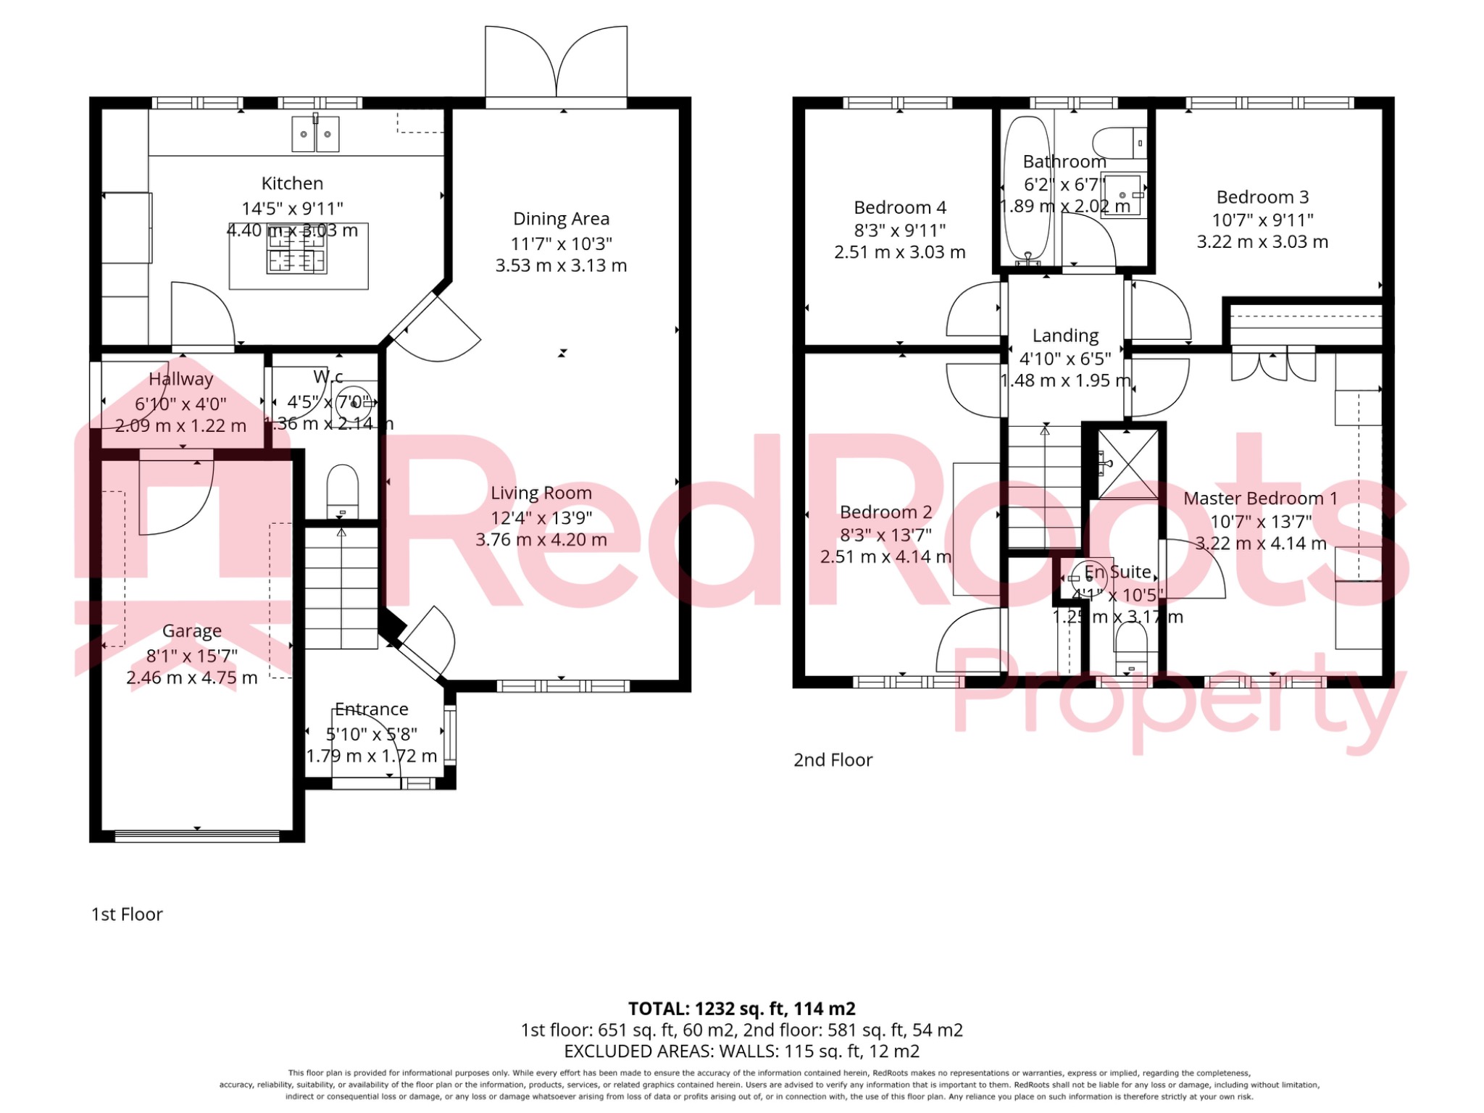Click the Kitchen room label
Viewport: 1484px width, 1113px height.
pos(292,183)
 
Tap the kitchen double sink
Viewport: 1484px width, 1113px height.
pos(315,134)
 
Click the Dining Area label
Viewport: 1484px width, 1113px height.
pos(561,219)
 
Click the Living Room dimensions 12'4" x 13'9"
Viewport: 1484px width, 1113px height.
pos(541,517)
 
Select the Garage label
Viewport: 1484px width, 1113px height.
pos(191,631)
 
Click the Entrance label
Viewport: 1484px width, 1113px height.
pos(371,709)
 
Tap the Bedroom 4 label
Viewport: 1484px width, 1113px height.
pos(900,208)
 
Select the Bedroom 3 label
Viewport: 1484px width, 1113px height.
pos(1262,197)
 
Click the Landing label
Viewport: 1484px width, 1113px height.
pos(1065,335)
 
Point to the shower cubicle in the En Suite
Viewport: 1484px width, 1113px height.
pos(1128,464)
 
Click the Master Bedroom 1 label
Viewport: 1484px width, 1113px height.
pos(1260,499)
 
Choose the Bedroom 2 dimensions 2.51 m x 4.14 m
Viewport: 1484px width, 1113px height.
pos(885,557)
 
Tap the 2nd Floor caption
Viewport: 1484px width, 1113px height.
pos(833,760)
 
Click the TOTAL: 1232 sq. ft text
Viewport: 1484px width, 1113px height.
pos(741,1009)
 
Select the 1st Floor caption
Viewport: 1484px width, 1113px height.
pos(127,914)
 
